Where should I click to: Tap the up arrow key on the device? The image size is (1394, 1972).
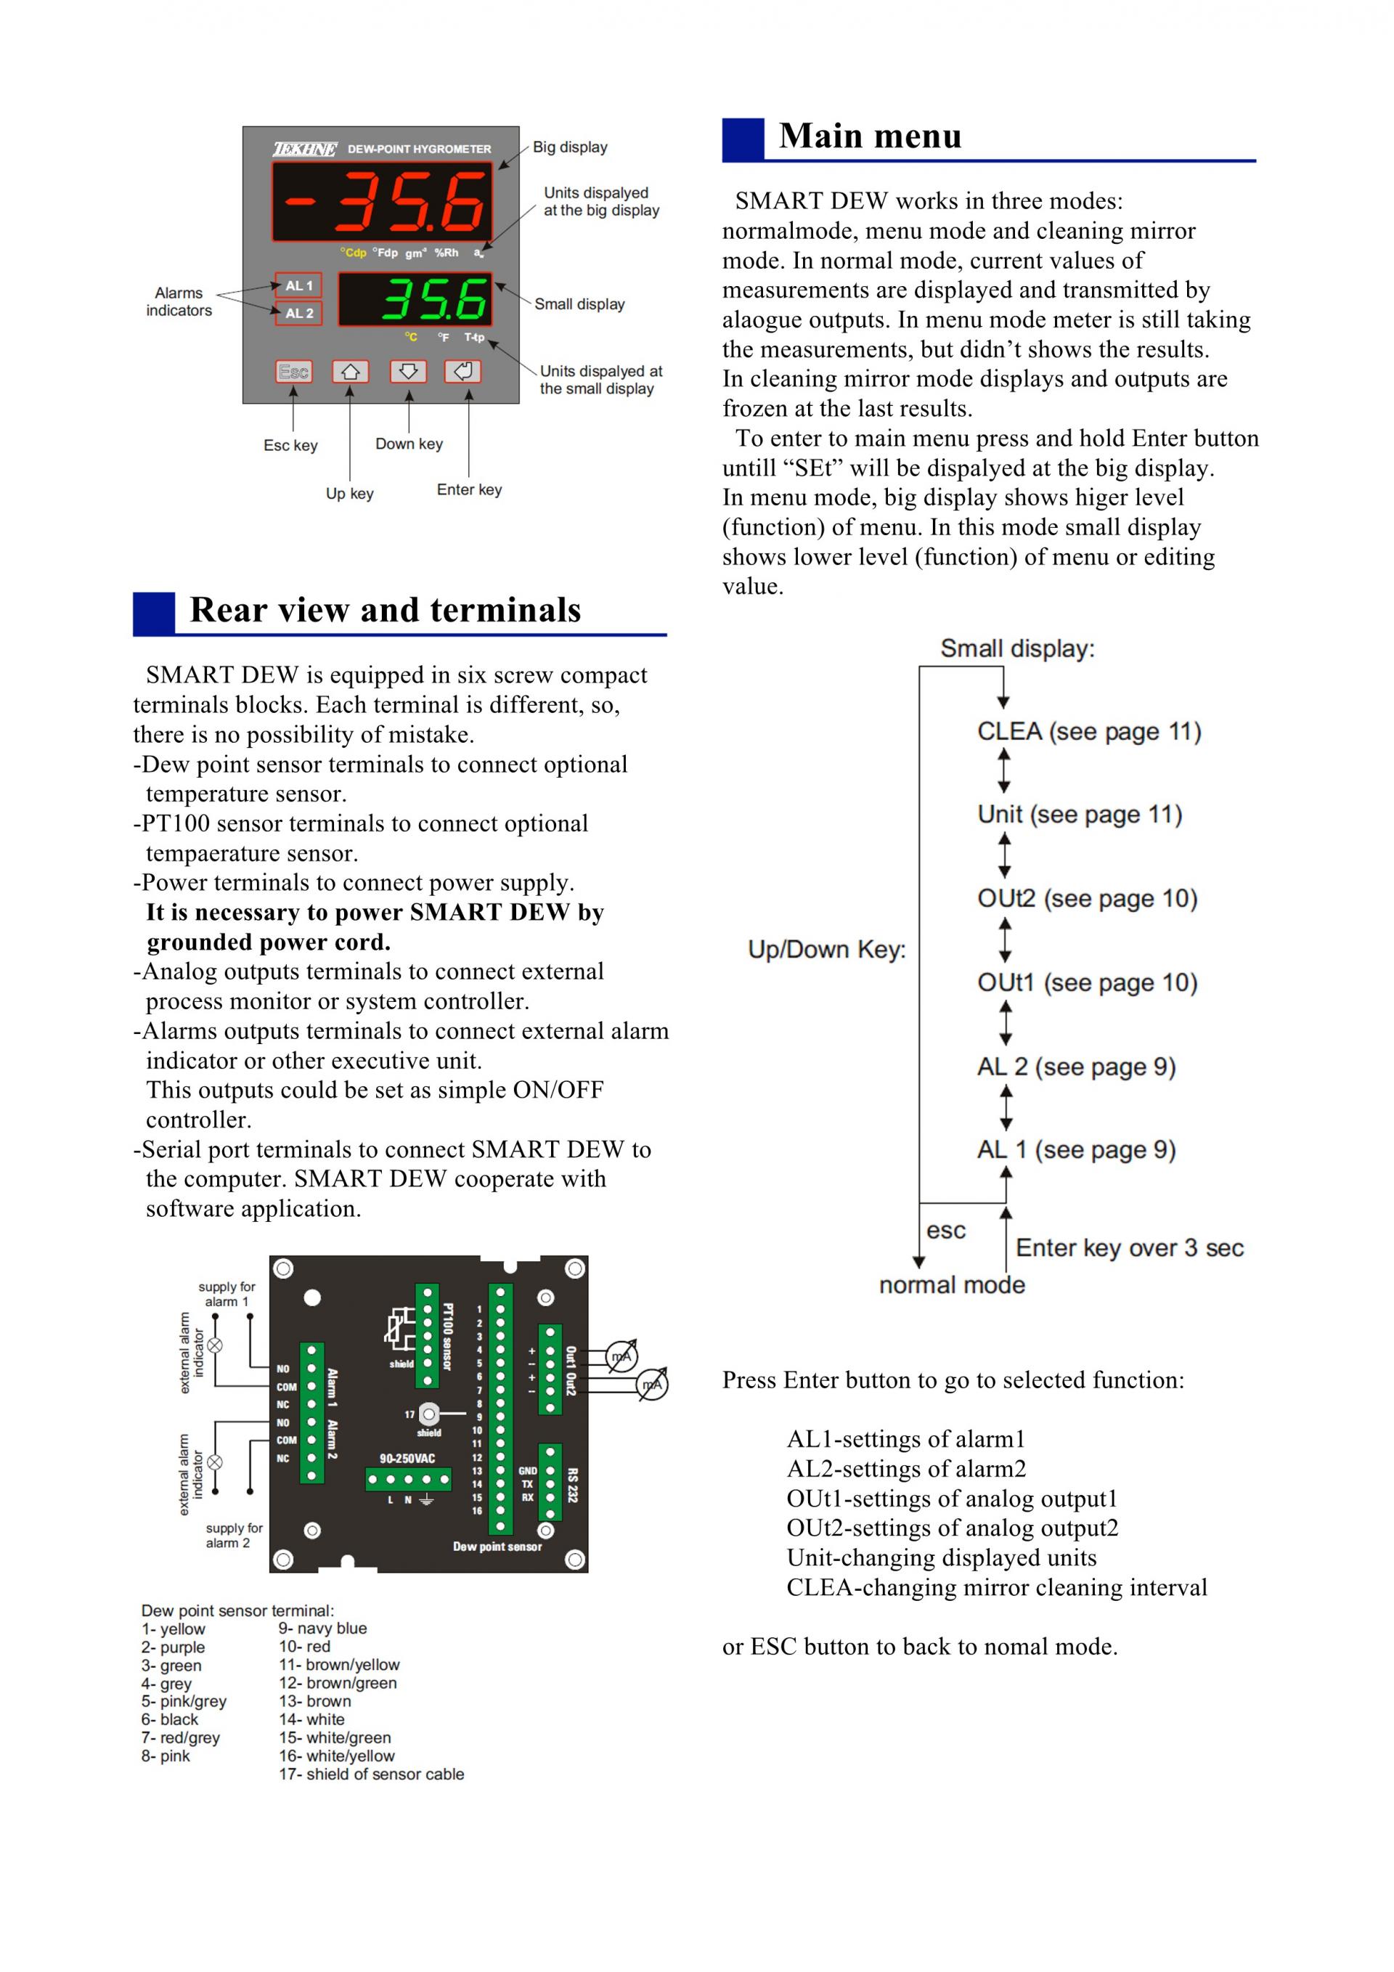point(351,372)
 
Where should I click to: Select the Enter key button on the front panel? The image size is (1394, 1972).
point(463,372)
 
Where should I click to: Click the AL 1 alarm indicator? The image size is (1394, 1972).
point(298,285)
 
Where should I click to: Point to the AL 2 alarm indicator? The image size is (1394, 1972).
point(298,314)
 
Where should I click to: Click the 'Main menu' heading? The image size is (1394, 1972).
point(869,137)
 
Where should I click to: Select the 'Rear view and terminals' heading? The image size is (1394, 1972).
point(385,611)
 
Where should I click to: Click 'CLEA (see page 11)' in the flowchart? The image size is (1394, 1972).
point(1088,732)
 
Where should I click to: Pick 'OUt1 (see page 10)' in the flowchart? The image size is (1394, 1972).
point(1086,982)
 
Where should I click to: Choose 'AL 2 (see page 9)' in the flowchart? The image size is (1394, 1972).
point(1075,1067)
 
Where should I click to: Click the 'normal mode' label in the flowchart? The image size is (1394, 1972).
point(952,1285)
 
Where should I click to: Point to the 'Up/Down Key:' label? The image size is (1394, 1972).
point(826,949)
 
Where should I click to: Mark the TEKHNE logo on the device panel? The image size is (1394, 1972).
point(305,150)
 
